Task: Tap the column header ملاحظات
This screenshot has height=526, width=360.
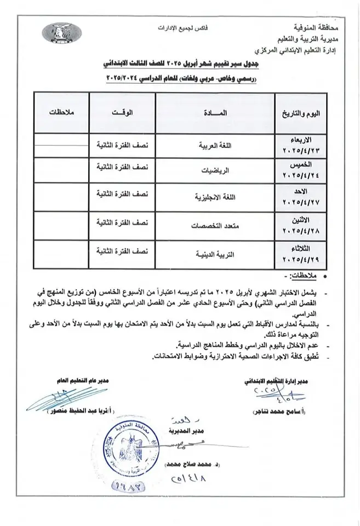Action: [x=59, y=112]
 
